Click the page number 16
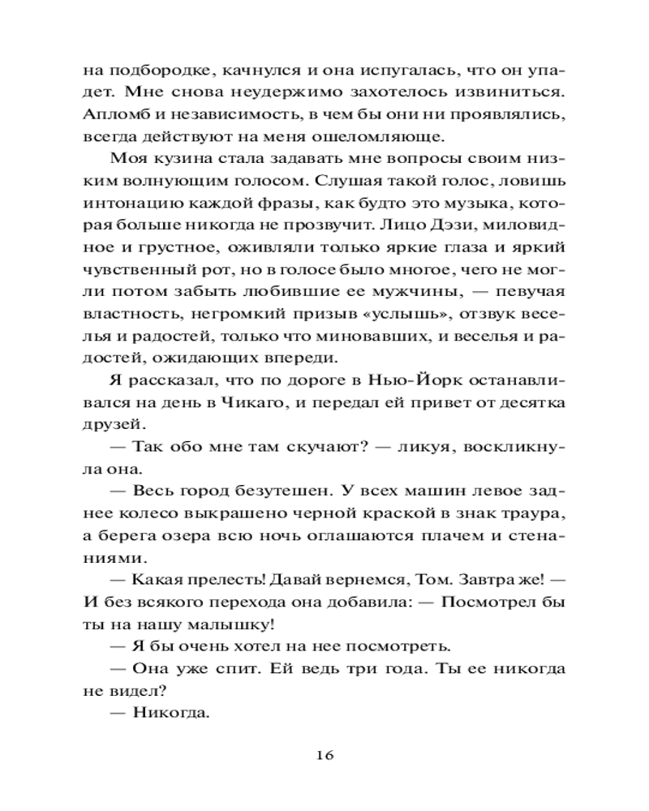point(324,755)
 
